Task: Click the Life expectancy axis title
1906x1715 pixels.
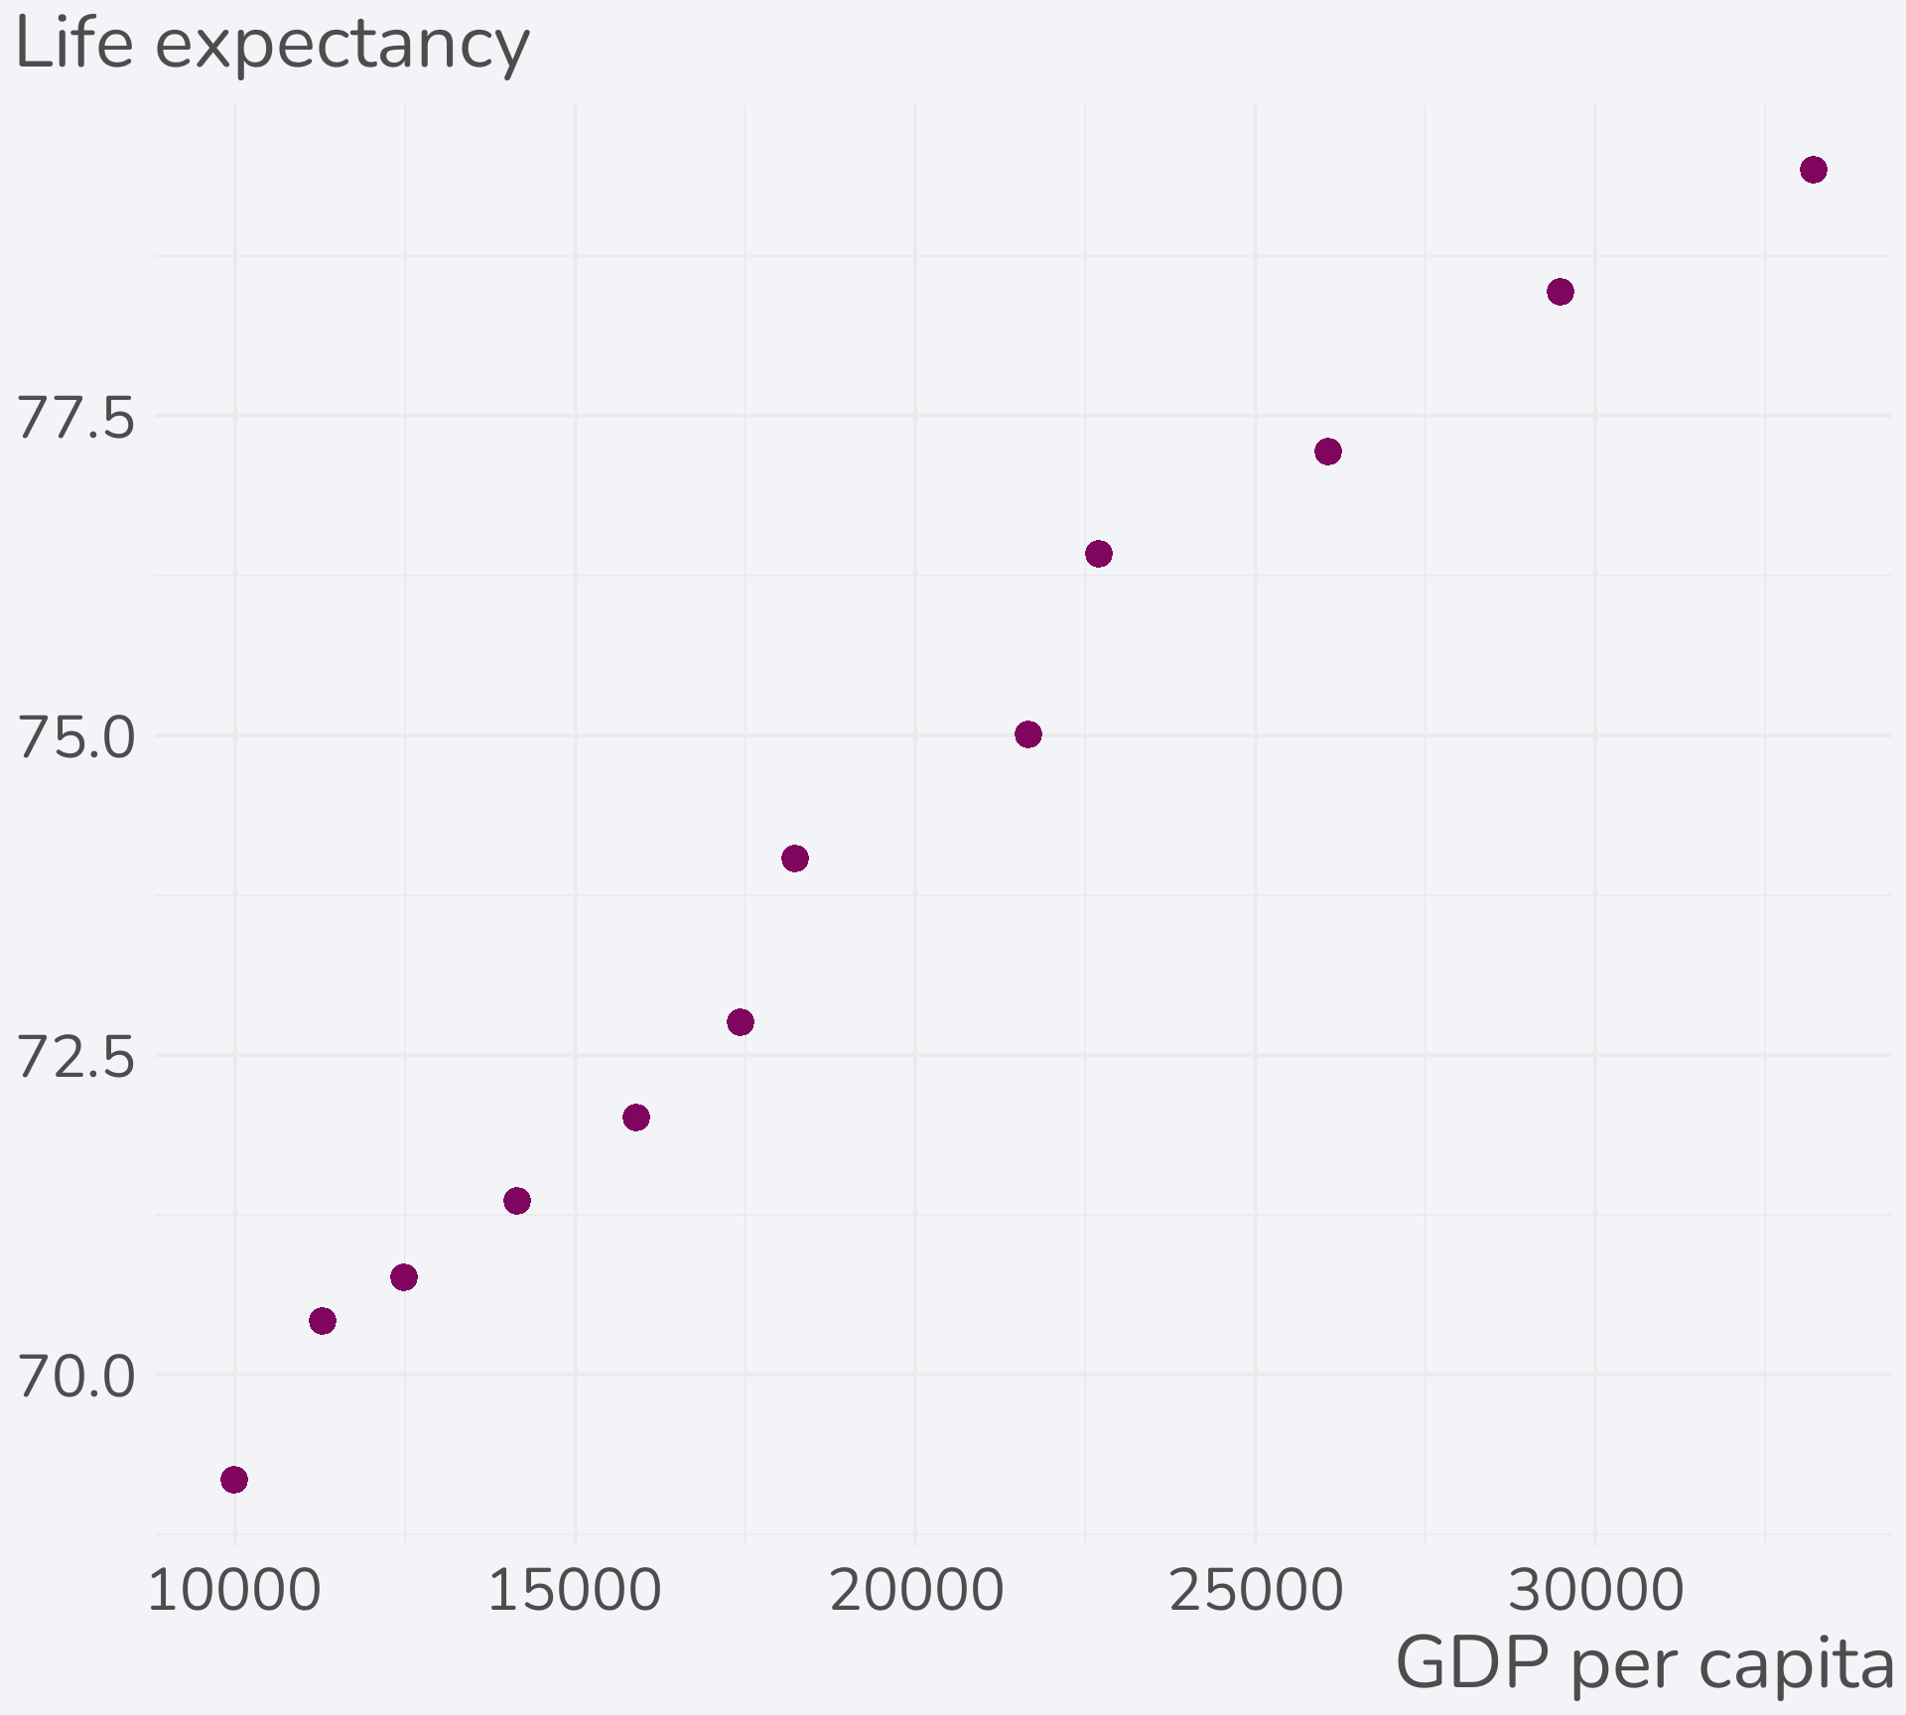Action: tap(273, 46)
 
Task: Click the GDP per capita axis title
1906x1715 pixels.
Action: tap(1644, 1664)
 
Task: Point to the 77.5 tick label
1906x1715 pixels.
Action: tap(76, 418)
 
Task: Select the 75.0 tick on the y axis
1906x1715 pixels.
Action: tap(76, 737)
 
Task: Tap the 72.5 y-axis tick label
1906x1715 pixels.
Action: tap(76, 1057)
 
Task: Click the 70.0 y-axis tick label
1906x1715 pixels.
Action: tap(76, 1377)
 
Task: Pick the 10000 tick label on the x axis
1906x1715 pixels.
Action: tap(234, 1591)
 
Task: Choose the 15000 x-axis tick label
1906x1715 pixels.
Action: tap(575, 1591)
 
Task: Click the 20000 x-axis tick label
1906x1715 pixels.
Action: tap(915, 1591)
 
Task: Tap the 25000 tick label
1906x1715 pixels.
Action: tap(1256, 1591)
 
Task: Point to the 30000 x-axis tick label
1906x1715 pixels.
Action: tap(1595, 1591)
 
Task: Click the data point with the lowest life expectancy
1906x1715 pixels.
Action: tap(234, 1480)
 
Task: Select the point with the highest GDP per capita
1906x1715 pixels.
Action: tap(1814, 170)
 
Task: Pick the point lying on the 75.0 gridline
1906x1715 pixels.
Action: tap(1028, 734)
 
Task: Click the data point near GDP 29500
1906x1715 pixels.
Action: tap(1561, 292)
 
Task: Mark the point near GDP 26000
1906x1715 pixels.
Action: tap(1328, 452)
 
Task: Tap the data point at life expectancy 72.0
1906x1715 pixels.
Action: tap(636, 1118)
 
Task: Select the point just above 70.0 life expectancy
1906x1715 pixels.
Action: tap(323, 1321)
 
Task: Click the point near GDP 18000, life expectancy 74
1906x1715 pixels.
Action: tap(795, 858)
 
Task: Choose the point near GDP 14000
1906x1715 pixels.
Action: tap(517, 1201)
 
